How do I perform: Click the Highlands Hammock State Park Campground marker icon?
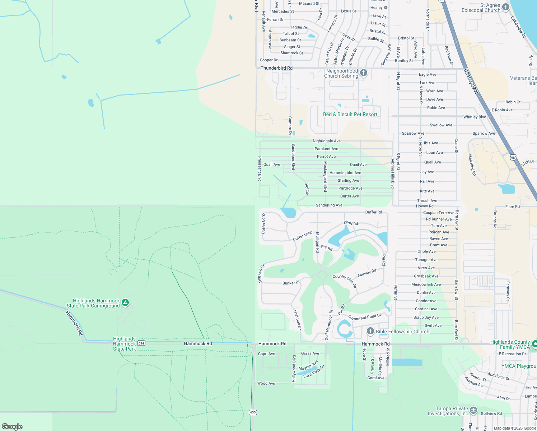(125, 303)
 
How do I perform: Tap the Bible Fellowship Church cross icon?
(370, 331)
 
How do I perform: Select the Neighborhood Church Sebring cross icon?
(364, 73)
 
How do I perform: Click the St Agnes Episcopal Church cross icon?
(506, 7)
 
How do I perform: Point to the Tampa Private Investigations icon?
(473, 411)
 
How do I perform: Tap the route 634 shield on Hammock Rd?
(141, 343)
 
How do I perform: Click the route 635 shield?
(253, 412)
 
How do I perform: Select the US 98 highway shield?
(513, 157)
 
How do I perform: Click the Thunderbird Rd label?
(276, 68)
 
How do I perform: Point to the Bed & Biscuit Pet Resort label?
(350, 114)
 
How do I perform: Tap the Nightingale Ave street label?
(327, 141)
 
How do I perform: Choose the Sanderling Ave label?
(329, 205)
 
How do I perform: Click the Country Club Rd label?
(345, 281)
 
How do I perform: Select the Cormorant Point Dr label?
(365, 317)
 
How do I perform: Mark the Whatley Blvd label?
(475, 117)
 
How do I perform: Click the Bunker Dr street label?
(291, 283)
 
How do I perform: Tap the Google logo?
(12, 427)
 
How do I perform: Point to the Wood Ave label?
(266, 383)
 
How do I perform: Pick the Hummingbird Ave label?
(345, 173)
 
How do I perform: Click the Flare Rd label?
(512, 207)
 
